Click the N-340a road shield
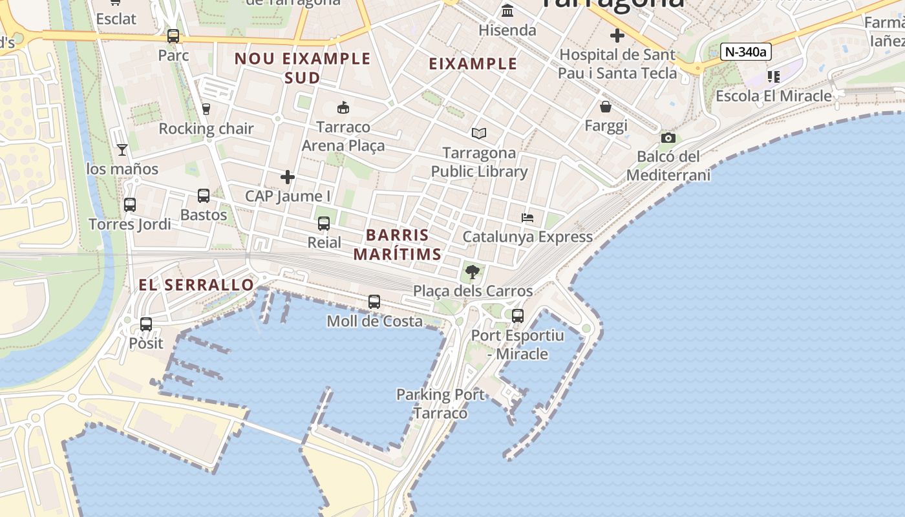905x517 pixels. point(745,52)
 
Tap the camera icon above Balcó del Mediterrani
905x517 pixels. point(668,138)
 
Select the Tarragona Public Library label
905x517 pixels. point(479,162)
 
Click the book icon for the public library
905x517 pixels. point(478,133)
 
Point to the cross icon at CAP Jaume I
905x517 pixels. point(288,176)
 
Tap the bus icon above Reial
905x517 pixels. point(324,224)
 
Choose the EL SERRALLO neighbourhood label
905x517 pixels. point(197,285)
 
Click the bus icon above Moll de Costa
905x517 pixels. point(374,301)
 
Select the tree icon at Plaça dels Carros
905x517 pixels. point(473,271)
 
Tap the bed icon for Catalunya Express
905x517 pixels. point(527,218)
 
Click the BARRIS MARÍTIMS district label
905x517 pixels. point(397,244)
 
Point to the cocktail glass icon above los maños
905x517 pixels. point(122,150)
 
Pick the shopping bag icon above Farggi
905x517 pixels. point(606,106)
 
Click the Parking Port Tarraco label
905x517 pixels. point(440,403)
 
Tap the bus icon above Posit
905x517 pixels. point(146,324)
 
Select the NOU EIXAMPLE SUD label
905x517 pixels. point(303,68)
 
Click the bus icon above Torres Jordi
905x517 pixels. point(130,205)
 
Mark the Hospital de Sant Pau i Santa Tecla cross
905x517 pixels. point(617,36)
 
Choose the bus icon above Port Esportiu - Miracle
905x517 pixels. point(518,315)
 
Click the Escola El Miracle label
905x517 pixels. point(774,96)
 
